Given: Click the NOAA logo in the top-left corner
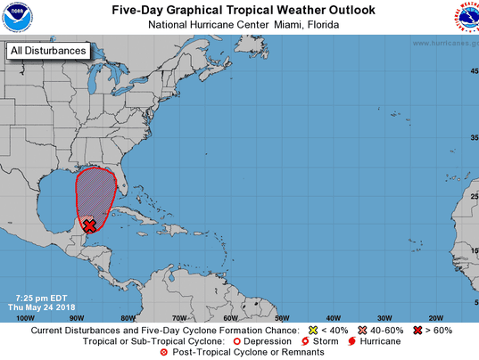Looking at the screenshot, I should click(x=16, y=16).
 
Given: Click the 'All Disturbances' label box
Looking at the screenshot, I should click(x=48, y=51).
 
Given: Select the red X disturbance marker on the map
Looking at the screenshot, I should click(x=89, y=226).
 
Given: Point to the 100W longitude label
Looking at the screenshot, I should click(x=26, y=317).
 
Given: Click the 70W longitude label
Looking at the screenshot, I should click(x=179, y=317).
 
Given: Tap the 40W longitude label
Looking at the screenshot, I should click(x=333, y=317).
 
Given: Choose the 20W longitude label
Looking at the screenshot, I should click(x=435, y=317).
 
